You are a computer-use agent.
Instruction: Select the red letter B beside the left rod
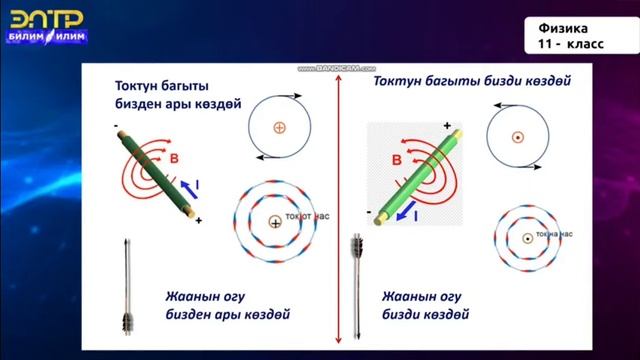coord(173,159)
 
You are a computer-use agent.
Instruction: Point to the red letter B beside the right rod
coord(397,160)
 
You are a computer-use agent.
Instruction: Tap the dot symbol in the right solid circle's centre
coord(518,137)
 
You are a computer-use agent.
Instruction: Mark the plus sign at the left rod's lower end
coord(199,219)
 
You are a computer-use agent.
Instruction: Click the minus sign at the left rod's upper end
coord(117,125)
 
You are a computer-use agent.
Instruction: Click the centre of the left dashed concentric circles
coord(274,223)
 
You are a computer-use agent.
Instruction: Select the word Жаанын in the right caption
coord(410,296)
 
